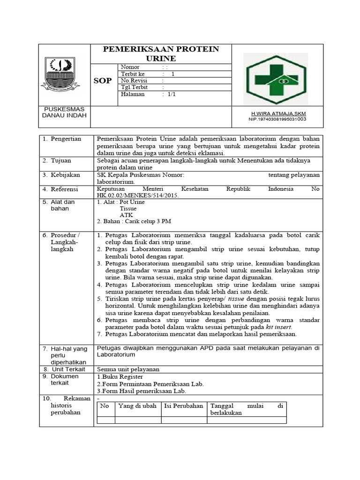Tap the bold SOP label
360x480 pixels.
click(103, 81)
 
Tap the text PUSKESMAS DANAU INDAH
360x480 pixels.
click(64, 112)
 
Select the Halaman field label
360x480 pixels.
click(133, 94)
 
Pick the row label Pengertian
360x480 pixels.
click(66, 139)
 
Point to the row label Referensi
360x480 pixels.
click(66, 189)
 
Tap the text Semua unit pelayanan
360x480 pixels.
click(128, 369)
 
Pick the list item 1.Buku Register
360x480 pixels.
click(120, 376)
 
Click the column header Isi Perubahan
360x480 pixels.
click(183, 406)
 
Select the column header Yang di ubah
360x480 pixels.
click(137, 406)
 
